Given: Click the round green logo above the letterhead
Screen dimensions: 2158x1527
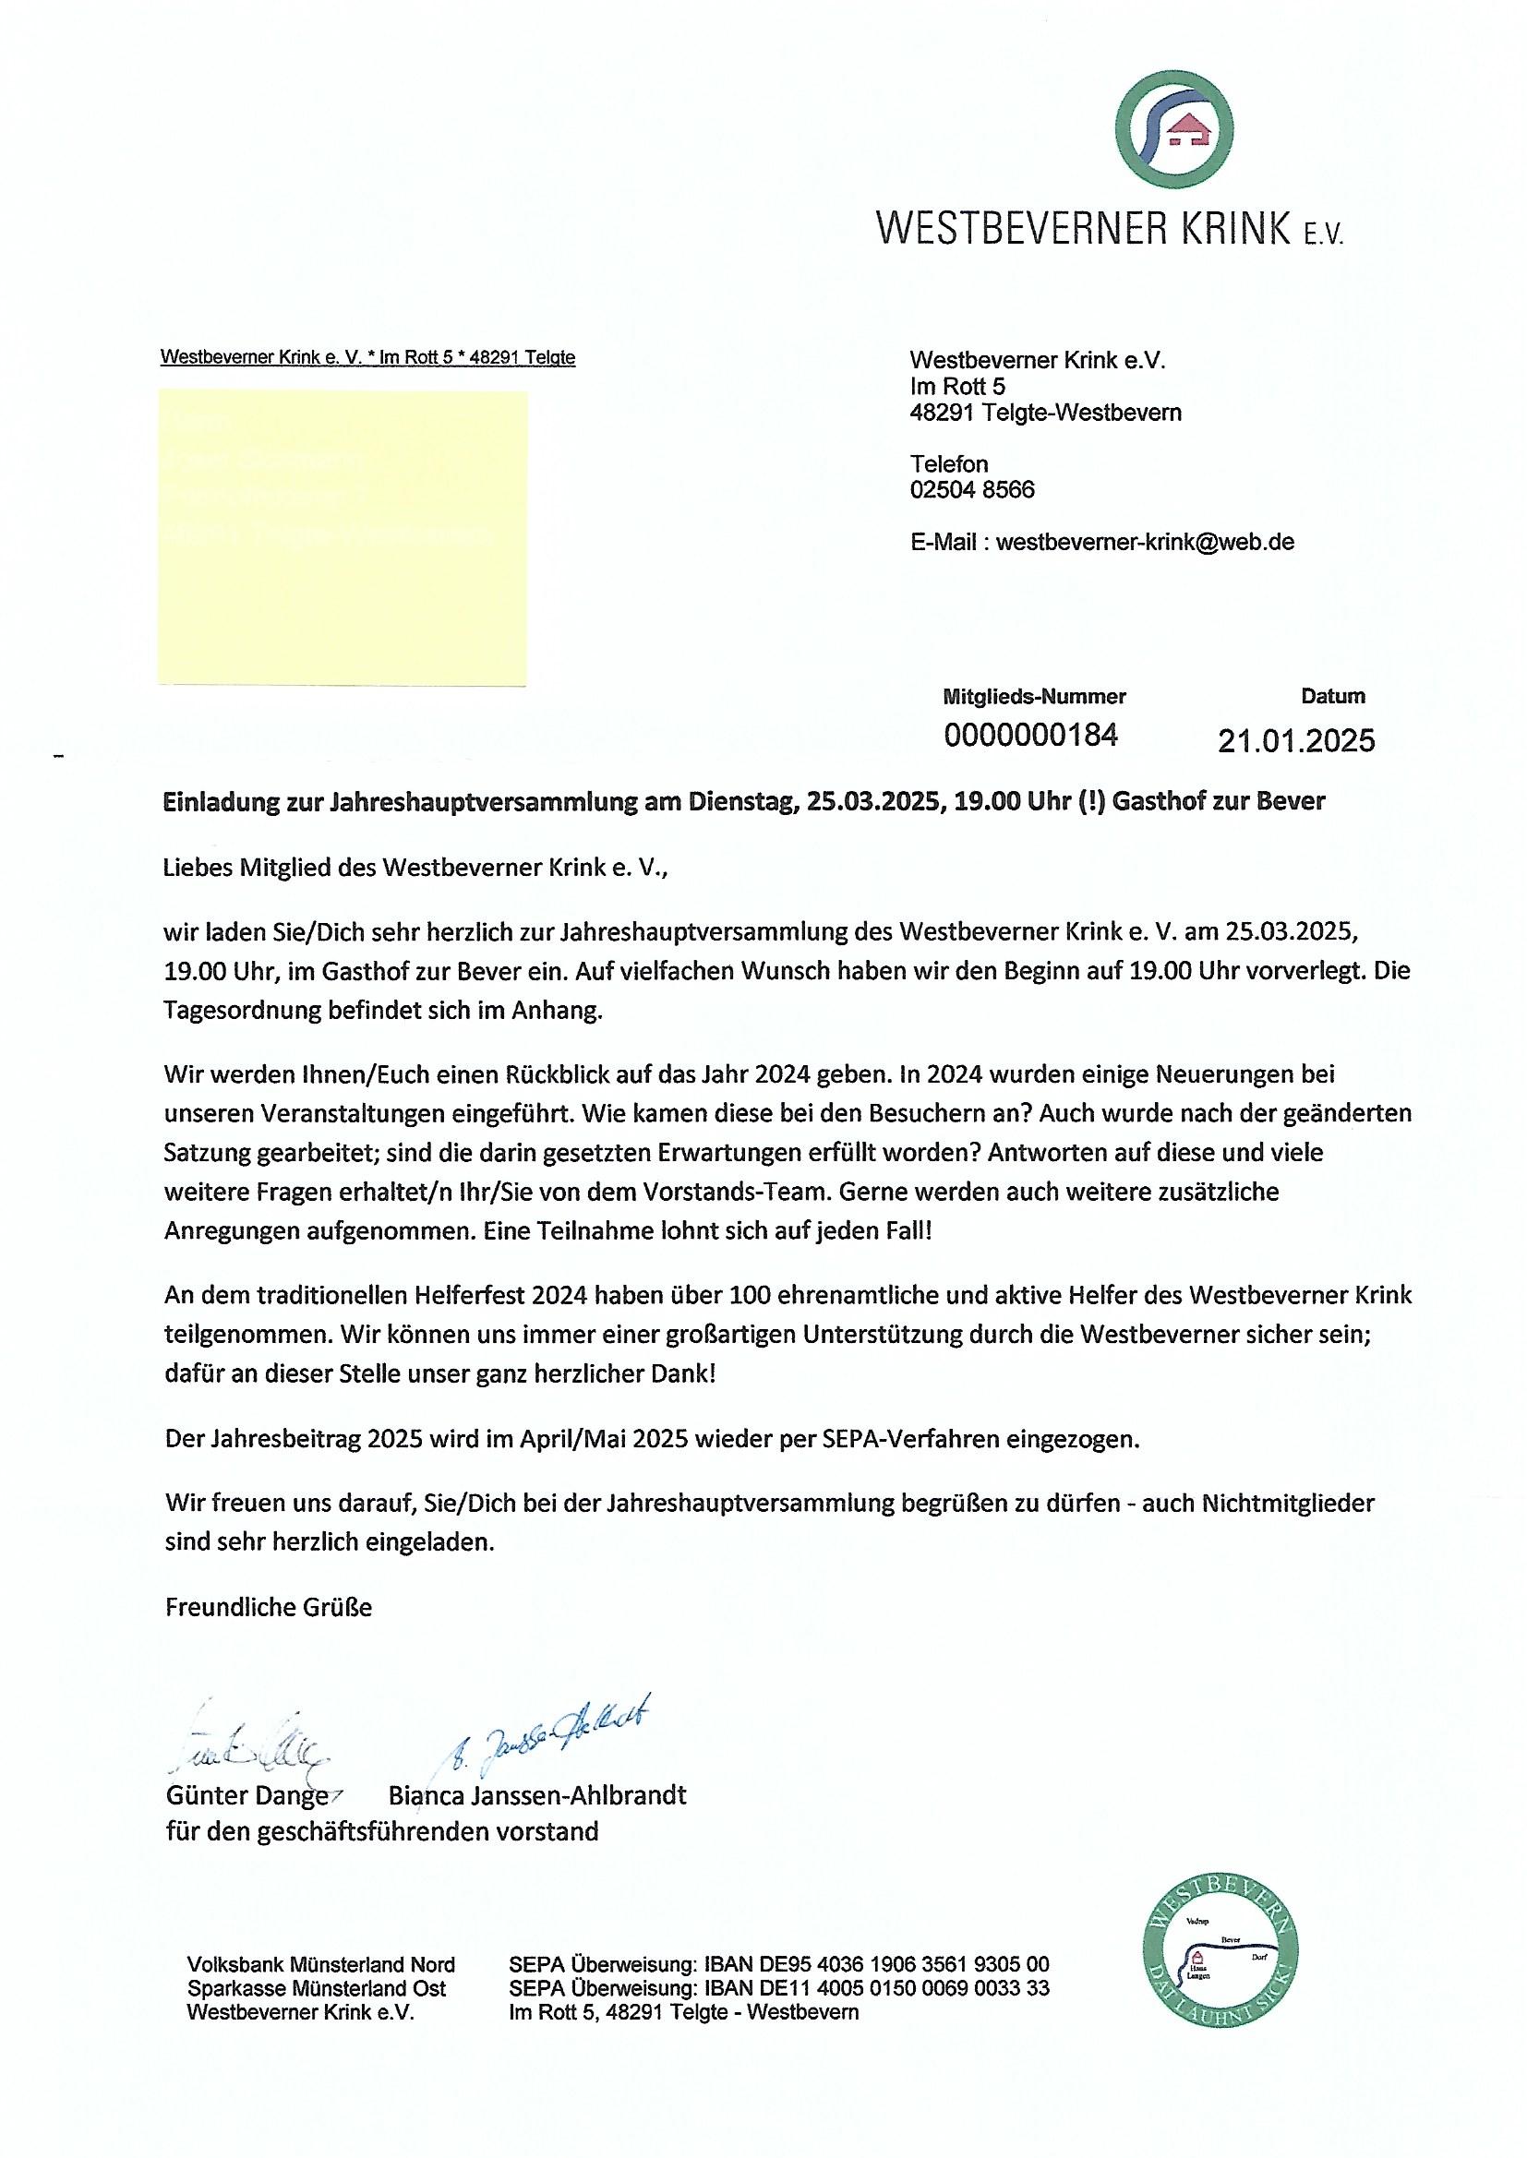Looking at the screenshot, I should [x=1173, y=129].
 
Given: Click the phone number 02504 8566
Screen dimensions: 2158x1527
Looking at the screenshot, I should [x=972, y=490].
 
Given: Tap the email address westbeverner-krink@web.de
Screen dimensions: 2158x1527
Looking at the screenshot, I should [x=1144, y=543].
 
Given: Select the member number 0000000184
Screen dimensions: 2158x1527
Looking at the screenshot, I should [x=1030, y=735].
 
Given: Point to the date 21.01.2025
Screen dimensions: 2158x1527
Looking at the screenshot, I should [x=1295, y=740].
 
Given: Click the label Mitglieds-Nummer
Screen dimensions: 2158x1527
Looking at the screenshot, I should [x=1033, y=697].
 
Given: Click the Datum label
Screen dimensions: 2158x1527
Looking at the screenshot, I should [x=1332, y=697].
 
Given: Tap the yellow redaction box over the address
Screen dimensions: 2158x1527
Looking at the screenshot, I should [x=343, y=536].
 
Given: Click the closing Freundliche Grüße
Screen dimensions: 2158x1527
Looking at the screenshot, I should [x=269, y=1607].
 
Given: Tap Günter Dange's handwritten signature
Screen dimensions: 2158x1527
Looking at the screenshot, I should [x=249, y=1746].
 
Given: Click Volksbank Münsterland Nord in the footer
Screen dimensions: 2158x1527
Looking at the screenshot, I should [x=320, y=1964].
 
